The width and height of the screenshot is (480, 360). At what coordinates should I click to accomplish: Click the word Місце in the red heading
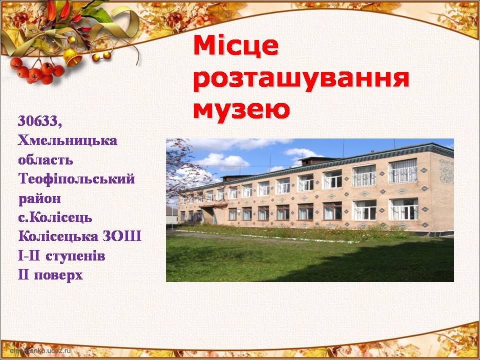236,46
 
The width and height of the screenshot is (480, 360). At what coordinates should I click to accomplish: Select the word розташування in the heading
301,80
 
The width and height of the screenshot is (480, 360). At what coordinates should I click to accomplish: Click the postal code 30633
40,121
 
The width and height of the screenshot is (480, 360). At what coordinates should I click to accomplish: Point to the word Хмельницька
67,141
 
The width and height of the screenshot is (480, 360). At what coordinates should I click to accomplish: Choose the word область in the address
45,160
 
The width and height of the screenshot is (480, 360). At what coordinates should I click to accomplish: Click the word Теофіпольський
76,179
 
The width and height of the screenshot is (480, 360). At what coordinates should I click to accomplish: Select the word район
39,199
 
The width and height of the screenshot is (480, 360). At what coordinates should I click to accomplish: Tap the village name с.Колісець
55,217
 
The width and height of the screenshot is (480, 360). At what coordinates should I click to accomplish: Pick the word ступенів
75,256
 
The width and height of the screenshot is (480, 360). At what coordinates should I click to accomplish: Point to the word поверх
58,275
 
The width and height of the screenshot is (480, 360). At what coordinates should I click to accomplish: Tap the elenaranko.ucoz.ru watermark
40,350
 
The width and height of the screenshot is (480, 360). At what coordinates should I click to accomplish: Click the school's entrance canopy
214,205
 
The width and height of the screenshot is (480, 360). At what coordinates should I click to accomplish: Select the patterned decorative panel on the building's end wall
446,171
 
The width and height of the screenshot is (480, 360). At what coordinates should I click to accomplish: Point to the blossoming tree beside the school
185,170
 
